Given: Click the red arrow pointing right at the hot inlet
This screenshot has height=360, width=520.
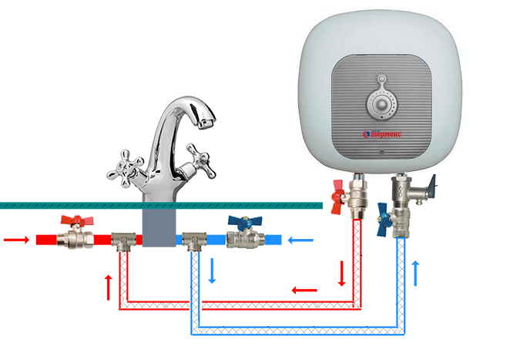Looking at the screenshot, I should [x=15, y=239].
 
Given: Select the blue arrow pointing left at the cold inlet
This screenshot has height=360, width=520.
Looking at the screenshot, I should [x=300, y=240].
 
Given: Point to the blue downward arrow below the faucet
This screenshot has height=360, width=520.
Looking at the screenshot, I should [x=213, y=271].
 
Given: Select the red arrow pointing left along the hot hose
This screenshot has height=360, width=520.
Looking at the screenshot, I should [x=304, y=291].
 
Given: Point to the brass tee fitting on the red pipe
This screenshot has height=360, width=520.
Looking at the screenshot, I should [x=122, y=241].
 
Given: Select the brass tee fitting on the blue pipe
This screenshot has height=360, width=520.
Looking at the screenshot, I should [x=191, y=241].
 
